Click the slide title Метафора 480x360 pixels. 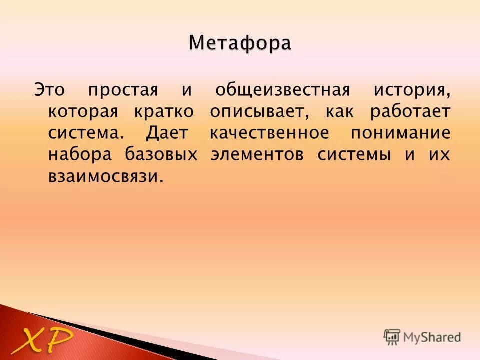(x=240, y=43)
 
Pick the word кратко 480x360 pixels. (x=163, y=112)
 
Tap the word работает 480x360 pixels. (x=410, y=112)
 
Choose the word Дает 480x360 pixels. (x=167, y=133)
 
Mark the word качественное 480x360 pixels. (x=269, y=133)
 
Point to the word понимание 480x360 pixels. (x=400, y=133)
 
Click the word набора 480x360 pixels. (x=79, y=155)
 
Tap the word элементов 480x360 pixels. (x=257, y=155)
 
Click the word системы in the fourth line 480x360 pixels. (x=354, y=155)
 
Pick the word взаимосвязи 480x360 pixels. (x=106, y=176)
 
